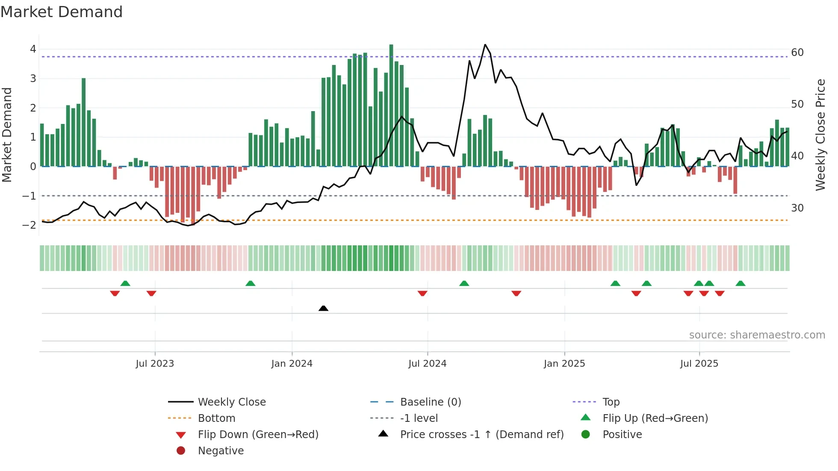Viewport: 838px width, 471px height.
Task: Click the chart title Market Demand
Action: pyautogui.click(x=62, y=12)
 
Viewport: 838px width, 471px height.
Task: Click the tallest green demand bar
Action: pyautogui.click(x=391, y=105)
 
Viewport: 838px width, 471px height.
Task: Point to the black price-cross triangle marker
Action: pyautogui.click(x=324, y=308)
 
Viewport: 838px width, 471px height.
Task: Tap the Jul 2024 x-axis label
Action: pyautogui.click(x=427, y=364)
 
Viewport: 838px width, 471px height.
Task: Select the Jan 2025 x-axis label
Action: pyautogui.click(x=564, y=364)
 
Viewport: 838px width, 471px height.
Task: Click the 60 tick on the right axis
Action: pyautogui.click(x=797, y=53)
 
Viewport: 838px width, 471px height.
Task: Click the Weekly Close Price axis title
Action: pyautogui.click(x=820, y=135)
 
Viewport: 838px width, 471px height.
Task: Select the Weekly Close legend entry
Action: pyautogui.click(x=231, y=402)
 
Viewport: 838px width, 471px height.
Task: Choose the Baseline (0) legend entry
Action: pyautogui.click(x=430, y=402)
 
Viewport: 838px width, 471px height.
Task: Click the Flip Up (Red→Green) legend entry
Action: pyautogui.click(x=655, y=418)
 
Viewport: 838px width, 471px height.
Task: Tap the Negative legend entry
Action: pyautogui.click(x=221, y=451)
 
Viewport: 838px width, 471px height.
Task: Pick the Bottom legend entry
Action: pyautogui.click(x=216, y=418)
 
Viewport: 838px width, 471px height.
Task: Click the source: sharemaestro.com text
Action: pyautogui.click(x=757, y=335)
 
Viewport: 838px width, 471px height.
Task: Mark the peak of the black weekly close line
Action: pyautogui.click(x=485, y=44)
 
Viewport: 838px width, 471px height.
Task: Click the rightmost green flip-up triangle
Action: pyautogui.click(x=741, y=283)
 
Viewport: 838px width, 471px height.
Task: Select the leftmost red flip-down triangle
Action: pyautogui.click(x=115, y=293)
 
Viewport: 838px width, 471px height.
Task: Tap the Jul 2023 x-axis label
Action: pyautogui.click(x=155, y=364)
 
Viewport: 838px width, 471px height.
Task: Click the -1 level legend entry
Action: pyautogui.click(x=419, y=418)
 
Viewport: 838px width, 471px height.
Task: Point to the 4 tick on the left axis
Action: pyautogui.click(x=33, y=49)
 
